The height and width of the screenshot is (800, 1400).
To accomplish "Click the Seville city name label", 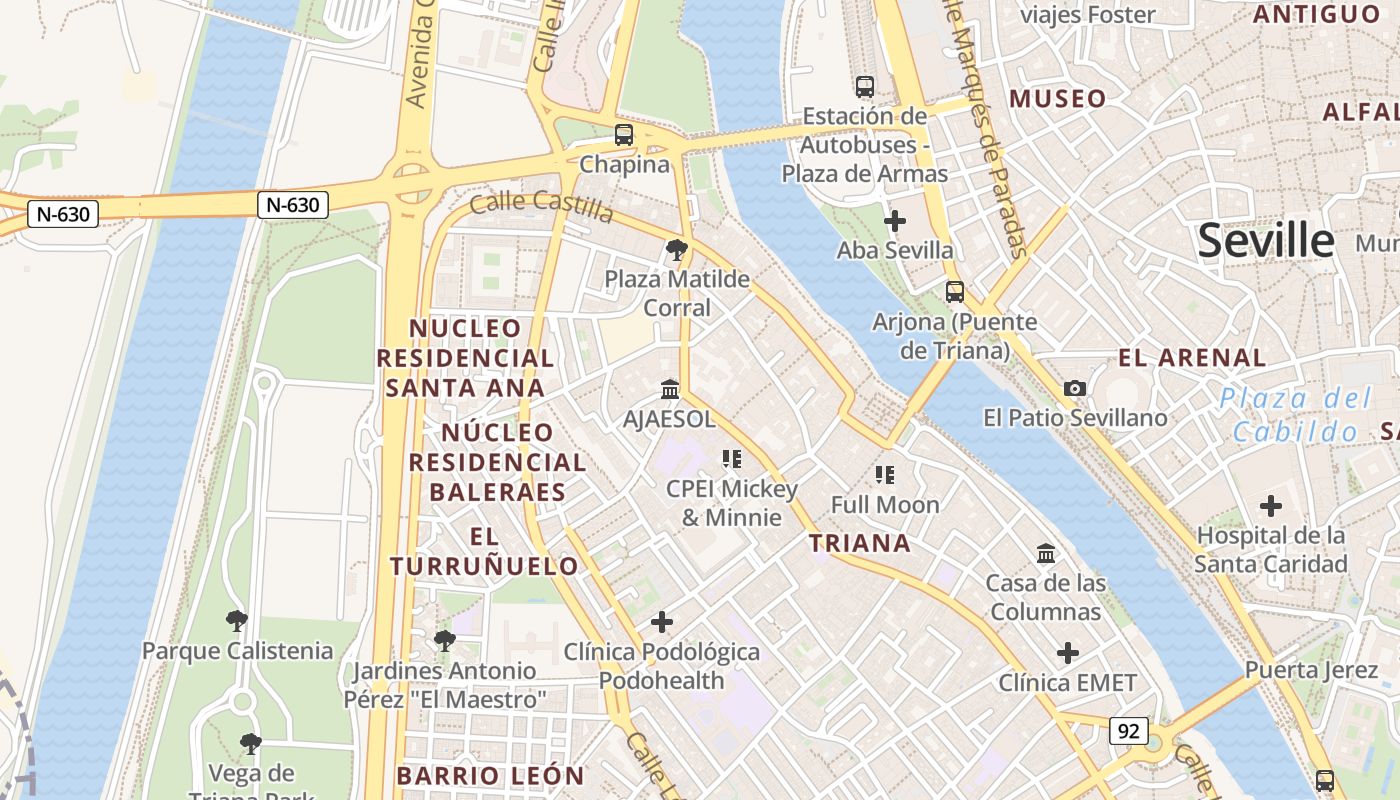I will point(1265,241).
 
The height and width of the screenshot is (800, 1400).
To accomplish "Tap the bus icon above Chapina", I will point(624,134).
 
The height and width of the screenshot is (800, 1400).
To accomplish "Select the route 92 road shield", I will point(1128,731).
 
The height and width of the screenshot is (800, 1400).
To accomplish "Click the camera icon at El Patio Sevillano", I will point(1075,388).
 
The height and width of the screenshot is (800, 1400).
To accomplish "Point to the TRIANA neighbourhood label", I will point(859,543).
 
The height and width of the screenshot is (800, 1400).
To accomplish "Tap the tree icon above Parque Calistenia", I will point(237,621).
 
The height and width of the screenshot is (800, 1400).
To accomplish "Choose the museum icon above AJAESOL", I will point(670,389).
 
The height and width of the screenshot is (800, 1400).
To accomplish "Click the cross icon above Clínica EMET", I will point(1068,653).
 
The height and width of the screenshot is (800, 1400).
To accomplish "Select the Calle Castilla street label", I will point(541,207).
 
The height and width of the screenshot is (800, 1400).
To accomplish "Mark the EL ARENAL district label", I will point(1192,358).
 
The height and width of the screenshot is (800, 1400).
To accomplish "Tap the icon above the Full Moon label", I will point(885,474).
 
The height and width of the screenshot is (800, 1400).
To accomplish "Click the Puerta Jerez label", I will point(1311,670).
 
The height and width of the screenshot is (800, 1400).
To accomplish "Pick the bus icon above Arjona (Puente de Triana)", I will point(955,292).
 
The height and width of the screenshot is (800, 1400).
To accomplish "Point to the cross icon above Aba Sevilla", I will point(895,220).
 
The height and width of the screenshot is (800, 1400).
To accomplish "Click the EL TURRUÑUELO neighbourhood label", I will point(484,551).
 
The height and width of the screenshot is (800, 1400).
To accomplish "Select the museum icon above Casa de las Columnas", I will point(1046,553).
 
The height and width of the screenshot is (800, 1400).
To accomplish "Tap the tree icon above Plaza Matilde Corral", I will point(677,249).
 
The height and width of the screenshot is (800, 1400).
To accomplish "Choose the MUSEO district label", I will point(1058,99).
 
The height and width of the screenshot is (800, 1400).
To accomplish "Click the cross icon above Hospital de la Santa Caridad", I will point(1271,506).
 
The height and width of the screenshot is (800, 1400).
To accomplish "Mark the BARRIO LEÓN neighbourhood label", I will point(490,776).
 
